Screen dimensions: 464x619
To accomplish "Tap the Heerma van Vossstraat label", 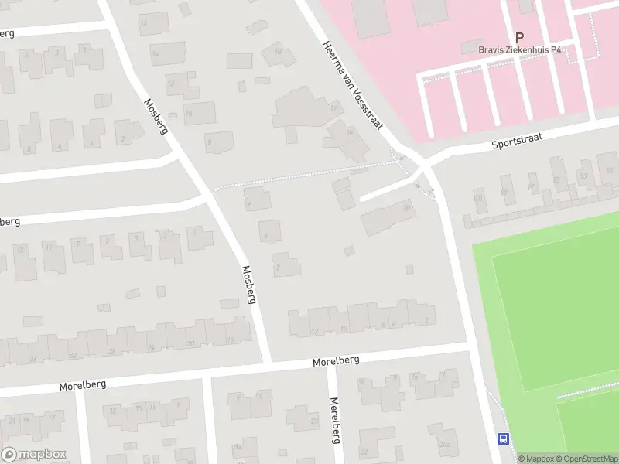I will click(x=354, y=85).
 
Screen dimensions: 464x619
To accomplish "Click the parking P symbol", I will click(x=519, y=36).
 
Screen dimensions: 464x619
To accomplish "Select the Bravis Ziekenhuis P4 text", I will click(x=520, y=50).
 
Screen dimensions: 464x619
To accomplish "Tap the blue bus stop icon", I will click(x=504, y=438).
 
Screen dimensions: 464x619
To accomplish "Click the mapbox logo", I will click(x=34, y=455).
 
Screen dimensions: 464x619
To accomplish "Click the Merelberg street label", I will click(x=335, y=421).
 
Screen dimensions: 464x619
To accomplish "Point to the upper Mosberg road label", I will click(x=156, y=116).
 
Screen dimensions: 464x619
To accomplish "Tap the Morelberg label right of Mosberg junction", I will click(x=337, y=360).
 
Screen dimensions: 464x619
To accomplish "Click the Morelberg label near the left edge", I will click(x=82, y=384).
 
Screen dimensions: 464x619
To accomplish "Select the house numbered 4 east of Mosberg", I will click(x=268, y=230).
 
